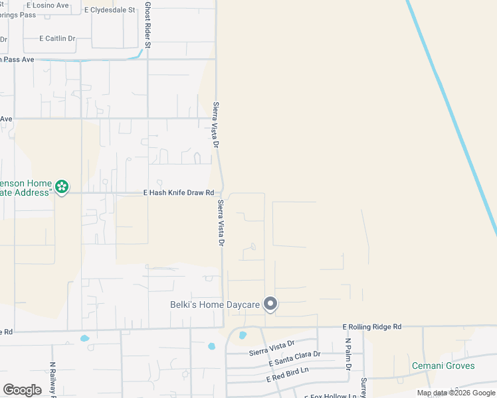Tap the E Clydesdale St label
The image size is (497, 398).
coord(110,10)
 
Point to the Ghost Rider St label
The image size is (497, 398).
coord(148,25)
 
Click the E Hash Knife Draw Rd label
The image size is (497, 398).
coord(179,193)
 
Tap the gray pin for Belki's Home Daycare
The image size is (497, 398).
coord(270,304)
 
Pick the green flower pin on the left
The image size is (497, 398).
coord(62,187)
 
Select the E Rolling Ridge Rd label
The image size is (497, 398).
coord(372,327)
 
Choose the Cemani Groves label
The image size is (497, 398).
coord(443,365)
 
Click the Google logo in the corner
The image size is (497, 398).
coord(22,390)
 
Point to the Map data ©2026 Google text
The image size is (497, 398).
coord(456,393)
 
